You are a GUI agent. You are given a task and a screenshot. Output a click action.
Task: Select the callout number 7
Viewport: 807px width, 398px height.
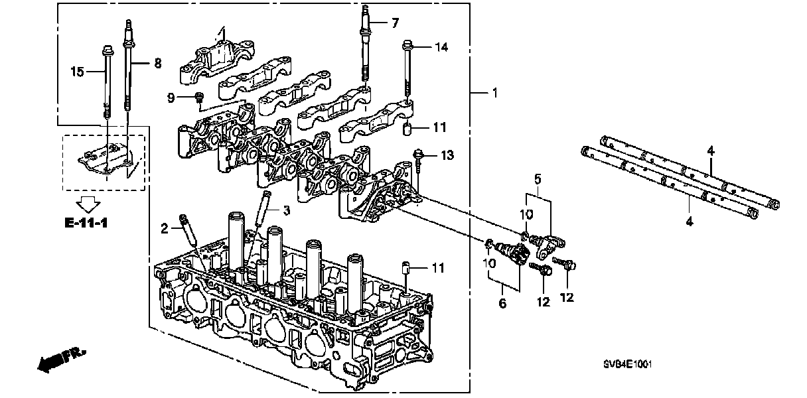pyautogui.click(x=395, y=23)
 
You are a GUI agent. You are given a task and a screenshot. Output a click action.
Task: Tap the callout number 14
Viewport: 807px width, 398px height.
pyautogui.click(x=441, y=46)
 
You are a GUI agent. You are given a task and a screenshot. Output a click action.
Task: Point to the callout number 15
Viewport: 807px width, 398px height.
pyautogui.click(x=78, y=71)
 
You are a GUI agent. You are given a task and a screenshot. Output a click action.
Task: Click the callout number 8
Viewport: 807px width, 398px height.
pyautogui.click(x=157, y=64)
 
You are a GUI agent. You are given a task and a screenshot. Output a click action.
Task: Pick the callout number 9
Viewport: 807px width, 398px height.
pyautogui.click(x=171, y=98)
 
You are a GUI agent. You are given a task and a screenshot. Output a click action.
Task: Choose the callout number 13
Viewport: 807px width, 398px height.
pyautogui.click(x=448, y=155)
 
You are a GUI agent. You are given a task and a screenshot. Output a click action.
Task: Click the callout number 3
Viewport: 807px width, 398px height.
pyautogui.click(x=286, y=211)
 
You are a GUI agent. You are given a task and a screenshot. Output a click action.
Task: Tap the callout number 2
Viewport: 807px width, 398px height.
pyautogui.click(x=165, y=230)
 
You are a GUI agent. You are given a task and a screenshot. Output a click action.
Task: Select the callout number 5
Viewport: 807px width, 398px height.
pyautogui.click(x=538, y=178)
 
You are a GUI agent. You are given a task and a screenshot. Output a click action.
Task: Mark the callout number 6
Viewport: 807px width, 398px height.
pyautogui.click(x=502, y=303)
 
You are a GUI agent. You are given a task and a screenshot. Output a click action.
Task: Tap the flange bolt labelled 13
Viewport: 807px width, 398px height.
pyautogui.click(x=419, y=156)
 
